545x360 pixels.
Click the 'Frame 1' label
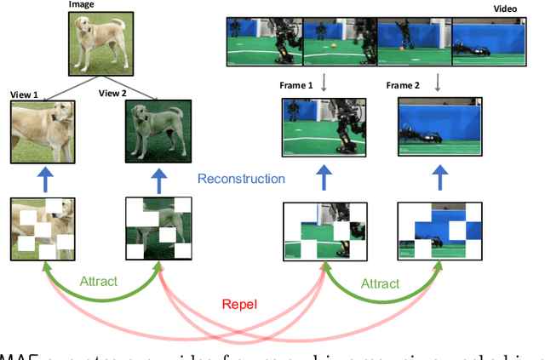pyautogui.click(x=296, y=86)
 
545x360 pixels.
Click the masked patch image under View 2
pyautogui.click(x=158, y=229)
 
